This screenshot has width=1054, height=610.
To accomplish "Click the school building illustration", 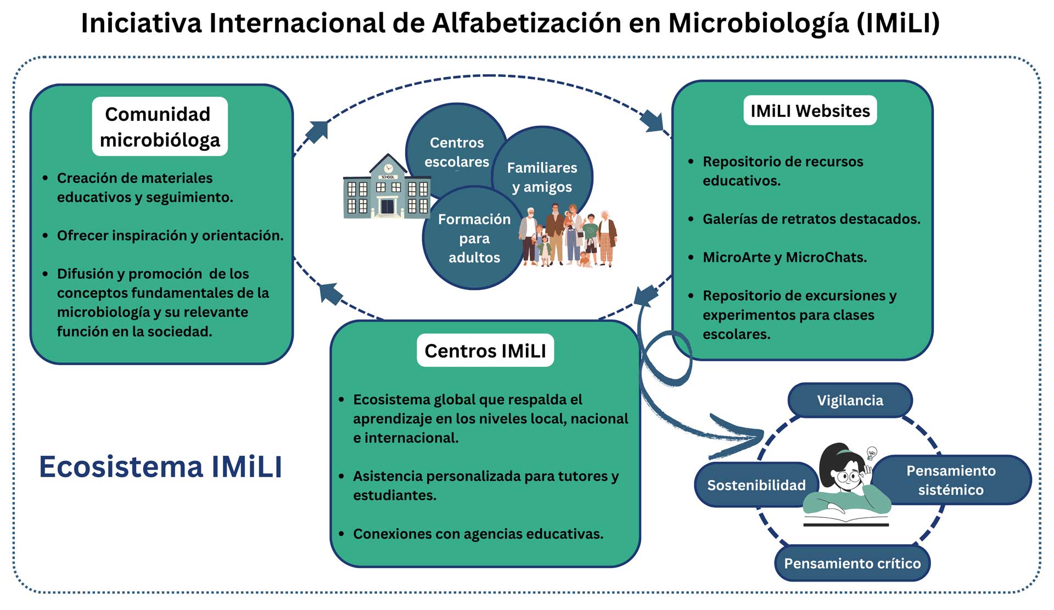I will [386, 188].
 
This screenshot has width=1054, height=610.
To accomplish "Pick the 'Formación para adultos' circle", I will [474, 238].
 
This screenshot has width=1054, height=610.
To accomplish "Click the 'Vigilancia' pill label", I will [850, 400].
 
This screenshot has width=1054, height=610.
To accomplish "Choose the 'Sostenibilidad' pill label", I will [756, 485].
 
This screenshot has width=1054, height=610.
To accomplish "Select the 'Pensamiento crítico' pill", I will [852, 563].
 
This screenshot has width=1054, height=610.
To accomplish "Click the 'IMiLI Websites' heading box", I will [810, 111].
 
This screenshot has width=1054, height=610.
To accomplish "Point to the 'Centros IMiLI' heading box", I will [485, 350].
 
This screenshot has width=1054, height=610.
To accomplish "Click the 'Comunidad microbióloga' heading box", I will [160, 127].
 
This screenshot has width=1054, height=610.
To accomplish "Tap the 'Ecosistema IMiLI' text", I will [160, 467].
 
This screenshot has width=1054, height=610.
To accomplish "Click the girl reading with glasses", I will [845, 483].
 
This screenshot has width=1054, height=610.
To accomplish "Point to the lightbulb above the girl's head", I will [871, 454].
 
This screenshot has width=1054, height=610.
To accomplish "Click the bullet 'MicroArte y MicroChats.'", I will [784, 258].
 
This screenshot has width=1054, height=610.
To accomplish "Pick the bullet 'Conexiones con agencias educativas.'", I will [478, 534].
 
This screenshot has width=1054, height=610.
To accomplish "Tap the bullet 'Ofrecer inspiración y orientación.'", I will [170, 236].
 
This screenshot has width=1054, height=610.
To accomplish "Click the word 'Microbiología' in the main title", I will [758, 24].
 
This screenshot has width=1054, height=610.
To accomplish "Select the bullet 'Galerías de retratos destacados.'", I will [811, 219].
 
